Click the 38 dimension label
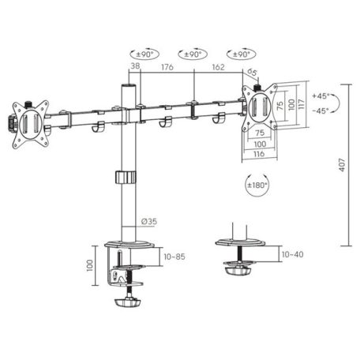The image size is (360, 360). pyautogui.click(x=136, y=68)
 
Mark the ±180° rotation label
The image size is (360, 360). pyautogui.click(x=257, y=186)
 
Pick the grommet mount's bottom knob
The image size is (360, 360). pyautogui.click(x=238, y=271)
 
